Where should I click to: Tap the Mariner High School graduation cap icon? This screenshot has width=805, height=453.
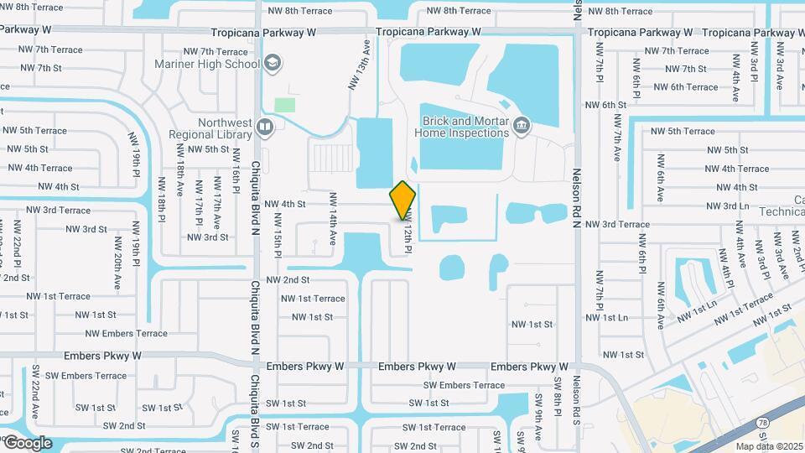tap(272, 63)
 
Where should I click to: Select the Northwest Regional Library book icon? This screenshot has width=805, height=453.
tap(265, 128)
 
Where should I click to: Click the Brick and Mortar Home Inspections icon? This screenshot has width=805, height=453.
tap(522, 126)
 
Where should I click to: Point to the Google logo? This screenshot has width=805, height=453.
tap(27, 442)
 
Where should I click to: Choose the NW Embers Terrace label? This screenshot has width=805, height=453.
tap(127, 334)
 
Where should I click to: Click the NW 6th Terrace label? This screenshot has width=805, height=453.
tap(685, 87)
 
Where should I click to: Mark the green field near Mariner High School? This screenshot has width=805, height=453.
tap(285, 106)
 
